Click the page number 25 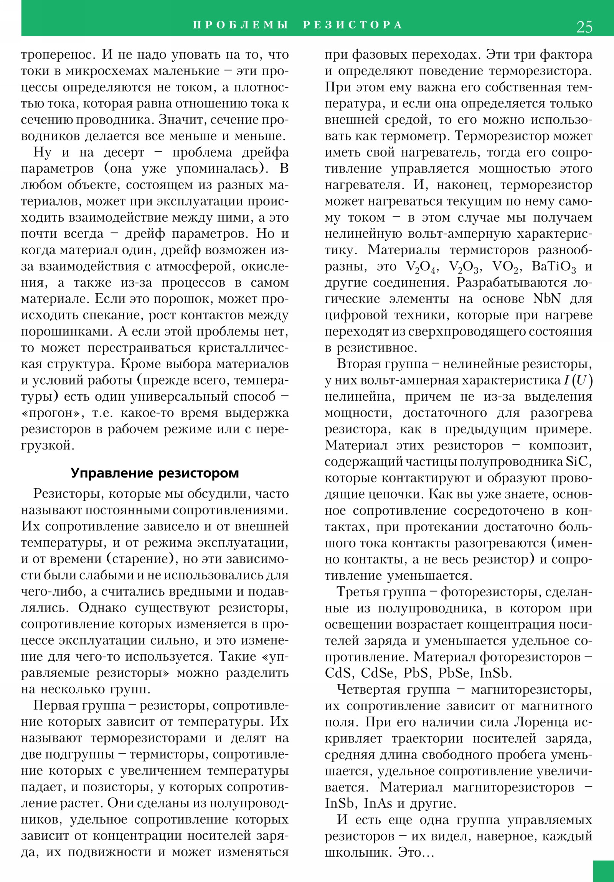coord(584,27)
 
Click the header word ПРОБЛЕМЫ coord(240,25)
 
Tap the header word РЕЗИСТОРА coord(352,25)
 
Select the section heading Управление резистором coord(155,473)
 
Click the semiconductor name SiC coord(577,461)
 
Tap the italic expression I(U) coord(578,380)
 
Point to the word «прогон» coord(51,413)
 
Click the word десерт coord(124,153)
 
